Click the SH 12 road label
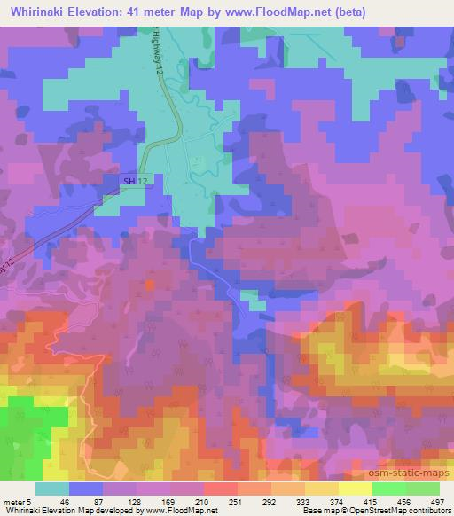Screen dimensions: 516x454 tap(135, 181)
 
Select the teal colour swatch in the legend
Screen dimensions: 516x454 tap(52, 489)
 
